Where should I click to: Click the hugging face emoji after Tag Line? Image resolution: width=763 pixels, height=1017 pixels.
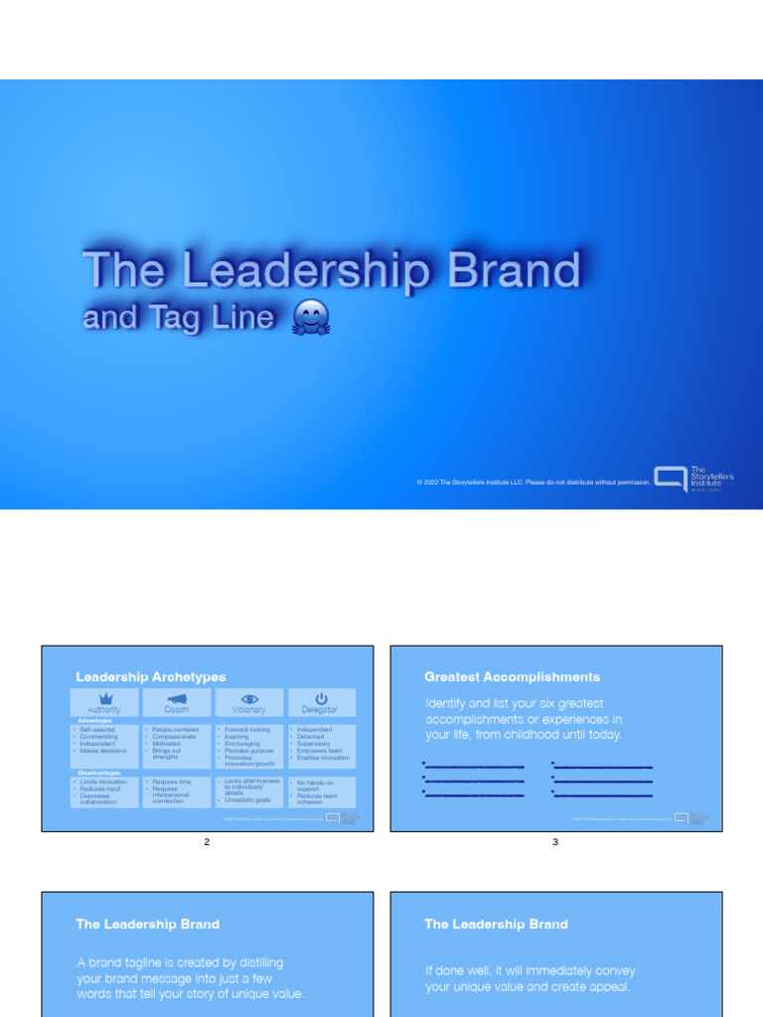point(311,318)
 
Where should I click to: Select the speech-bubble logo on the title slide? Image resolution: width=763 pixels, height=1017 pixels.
point(670,479)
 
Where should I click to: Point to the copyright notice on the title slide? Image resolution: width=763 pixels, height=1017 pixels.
point(534,482)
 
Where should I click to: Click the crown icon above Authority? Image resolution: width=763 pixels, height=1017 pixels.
point(104,698)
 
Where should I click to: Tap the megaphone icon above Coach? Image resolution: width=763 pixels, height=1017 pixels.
point(177,698)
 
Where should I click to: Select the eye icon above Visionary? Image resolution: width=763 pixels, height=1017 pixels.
point(249,698)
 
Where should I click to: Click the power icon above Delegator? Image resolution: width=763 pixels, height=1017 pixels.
point(321,698)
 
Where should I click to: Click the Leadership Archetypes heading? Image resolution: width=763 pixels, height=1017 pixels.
point(151,677)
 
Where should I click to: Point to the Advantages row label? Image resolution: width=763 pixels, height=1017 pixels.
point(95,721)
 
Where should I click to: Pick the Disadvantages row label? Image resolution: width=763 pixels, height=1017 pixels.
point(99,772)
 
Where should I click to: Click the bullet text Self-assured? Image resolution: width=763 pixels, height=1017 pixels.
point(98,730)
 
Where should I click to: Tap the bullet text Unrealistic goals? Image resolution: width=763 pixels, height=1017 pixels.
point(247,799)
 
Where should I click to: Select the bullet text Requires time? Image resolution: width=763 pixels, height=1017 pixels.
point(172,782)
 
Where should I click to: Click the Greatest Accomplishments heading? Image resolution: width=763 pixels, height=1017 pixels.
point(512,677)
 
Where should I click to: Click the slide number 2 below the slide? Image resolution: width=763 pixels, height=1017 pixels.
point(207,842)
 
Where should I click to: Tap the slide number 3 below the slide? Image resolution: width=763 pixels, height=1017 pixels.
point(555,842)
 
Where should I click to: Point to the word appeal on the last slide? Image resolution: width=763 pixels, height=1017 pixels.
point(609,987)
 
